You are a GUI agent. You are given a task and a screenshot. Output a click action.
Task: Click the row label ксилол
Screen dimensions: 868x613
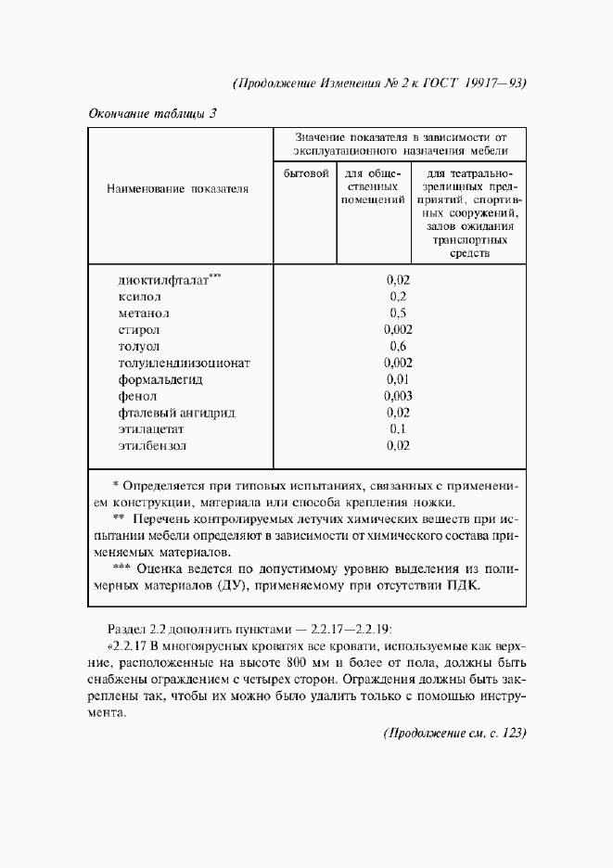139,297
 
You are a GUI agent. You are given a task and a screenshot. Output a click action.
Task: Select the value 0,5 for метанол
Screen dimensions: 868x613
398,313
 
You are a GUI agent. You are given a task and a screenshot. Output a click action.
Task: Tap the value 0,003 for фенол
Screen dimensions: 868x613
398,396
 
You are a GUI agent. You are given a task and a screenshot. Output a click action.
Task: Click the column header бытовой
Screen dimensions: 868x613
306,173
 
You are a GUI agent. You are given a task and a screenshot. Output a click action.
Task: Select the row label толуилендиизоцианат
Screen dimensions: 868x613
185,363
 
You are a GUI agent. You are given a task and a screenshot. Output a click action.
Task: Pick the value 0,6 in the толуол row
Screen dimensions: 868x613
398,346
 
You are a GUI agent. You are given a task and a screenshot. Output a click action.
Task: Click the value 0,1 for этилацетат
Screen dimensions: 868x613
398,428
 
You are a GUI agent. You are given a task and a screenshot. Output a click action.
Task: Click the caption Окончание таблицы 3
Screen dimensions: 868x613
153,115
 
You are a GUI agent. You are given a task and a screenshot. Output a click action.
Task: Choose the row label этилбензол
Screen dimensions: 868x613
152,445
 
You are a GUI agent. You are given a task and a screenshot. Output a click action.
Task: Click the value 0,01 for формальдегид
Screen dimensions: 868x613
398,379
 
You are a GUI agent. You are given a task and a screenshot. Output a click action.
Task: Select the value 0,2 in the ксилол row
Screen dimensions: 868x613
398,297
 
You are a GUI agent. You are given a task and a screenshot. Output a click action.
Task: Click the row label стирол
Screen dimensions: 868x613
139,330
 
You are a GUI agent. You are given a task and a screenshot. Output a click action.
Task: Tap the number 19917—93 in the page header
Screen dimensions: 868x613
490,82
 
